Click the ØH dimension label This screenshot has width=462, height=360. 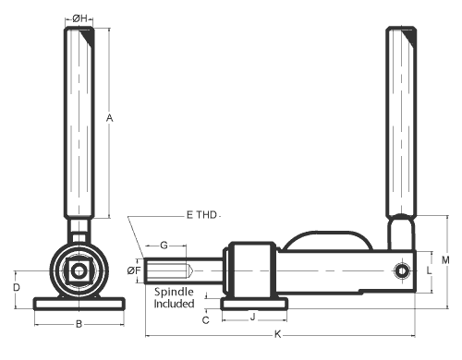pyautogui.click(x=79, y=18)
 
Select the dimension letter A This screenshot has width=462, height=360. pyautogui.click(x=109, y=118)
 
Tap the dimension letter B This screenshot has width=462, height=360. pyautogui.click(x=79, y=324)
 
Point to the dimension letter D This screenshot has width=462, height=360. pyautogui.click(x=17, y=288)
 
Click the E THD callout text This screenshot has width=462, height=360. pyautogui.click(x=201, y=215)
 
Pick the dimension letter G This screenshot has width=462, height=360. pyautogui.click(x=164, y=246)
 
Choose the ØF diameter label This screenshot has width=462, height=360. pyautogui.click(x=134, y=270)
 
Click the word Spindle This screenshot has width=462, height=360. pyautogui.click(x=174, y=292)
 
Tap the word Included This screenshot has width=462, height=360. pyautogui.click(x=174, y=304)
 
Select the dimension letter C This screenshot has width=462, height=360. pyautogui.click(x=206, y=320)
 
